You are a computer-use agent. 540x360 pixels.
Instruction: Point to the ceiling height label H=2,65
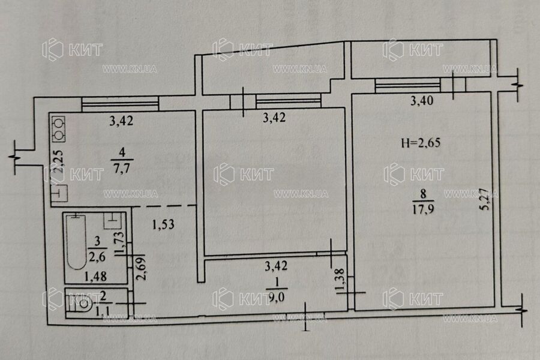click(x=416, y=143)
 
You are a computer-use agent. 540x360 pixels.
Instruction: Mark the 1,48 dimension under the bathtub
click(x=96, y=276)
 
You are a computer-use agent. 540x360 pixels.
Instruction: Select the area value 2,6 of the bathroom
click(x=96, y=257)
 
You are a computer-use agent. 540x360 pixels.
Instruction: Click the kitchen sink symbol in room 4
click(x=59, y=193)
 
